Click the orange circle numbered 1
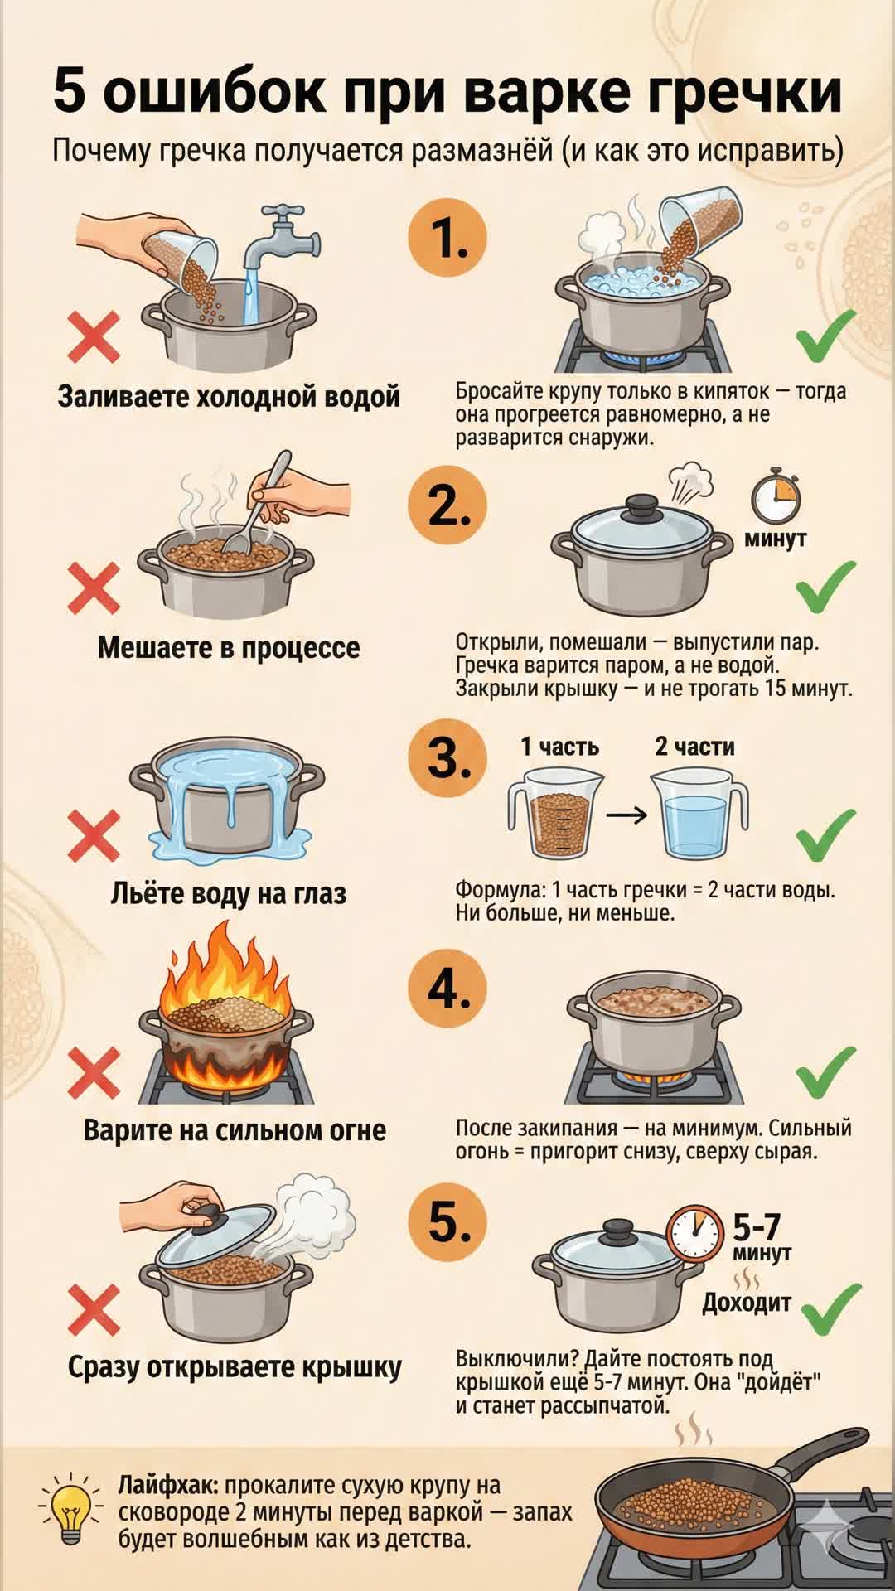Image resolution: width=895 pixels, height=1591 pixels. tap(447, 238)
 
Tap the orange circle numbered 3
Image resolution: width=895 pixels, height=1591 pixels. tap(447, 758)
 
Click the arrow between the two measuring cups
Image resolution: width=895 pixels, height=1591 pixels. tap(626, 815)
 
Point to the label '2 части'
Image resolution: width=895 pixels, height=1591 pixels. tap(694, 747)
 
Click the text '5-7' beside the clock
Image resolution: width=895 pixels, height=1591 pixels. tap(757, 1226)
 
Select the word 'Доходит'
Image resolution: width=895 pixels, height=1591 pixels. tap(747, 1303)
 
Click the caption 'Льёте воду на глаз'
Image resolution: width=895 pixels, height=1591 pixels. tap(228, 893)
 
